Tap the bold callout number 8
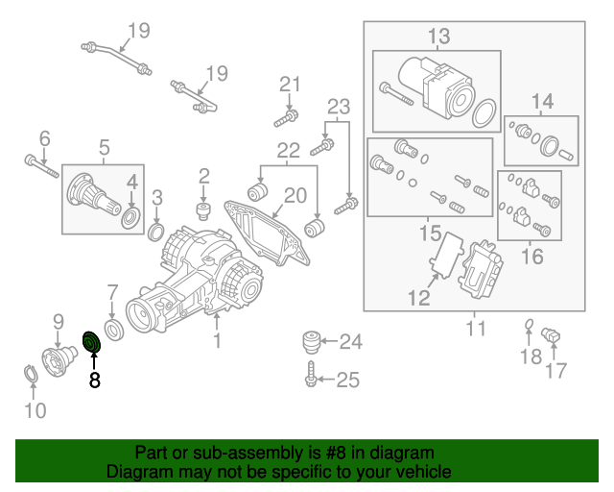point(93,381)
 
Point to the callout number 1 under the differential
point(218,340)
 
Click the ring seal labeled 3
point(156,232)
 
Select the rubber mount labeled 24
point(309,341)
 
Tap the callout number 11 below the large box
point(476,329)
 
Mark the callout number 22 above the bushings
point(288,150)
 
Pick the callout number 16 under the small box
point(531,257)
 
